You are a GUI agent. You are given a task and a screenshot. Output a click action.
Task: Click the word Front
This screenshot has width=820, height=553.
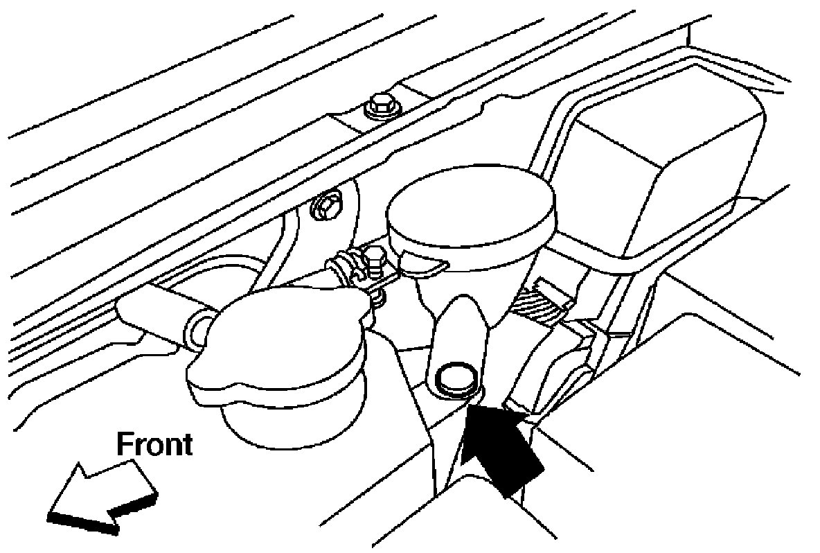[153, 444]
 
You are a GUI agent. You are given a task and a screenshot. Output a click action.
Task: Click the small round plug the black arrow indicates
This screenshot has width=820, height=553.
[454, 377]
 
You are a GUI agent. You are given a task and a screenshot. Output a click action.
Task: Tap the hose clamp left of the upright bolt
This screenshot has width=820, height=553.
[343, 266]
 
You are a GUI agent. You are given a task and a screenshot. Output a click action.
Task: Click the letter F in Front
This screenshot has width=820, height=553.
[125, 444]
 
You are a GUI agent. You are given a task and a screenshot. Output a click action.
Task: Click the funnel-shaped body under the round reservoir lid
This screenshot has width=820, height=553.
[471, 270]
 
